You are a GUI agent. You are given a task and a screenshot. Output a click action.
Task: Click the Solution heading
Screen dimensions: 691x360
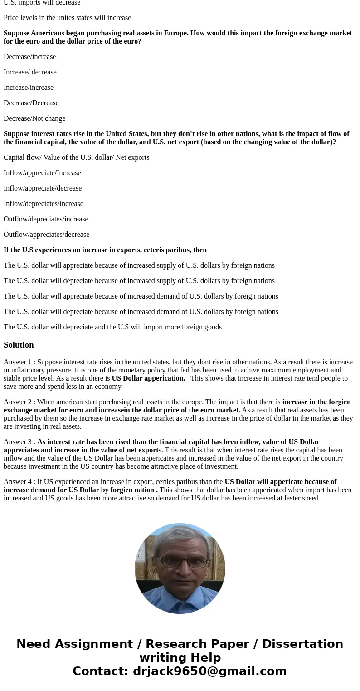click(x=19, y=345)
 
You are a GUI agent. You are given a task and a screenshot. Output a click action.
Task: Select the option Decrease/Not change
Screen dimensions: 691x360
click(x=34, y=118)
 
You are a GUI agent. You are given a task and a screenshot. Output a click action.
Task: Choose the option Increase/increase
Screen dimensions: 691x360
click(x=29, y=88)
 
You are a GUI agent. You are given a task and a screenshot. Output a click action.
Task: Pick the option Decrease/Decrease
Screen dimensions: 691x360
click(x=31, y=103)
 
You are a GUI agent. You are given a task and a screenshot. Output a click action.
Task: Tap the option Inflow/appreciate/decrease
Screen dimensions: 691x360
click(x=43, y=188)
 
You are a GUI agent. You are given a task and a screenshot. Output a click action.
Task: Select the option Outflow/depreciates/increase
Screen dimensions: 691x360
click(x=46, y=219)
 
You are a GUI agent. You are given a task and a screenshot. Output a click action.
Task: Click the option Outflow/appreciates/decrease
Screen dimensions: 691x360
click(x=46, y=235)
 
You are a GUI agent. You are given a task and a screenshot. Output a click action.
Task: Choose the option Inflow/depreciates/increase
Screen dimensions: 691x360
click(x=44, y=204)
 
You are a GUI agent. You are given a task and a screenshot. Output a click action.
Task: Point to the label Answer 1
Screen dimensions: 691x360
click(x=18, y=362)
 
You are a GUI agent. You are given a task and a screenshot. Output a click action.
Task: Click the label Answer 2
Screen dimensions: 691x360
click(x=18, y=402)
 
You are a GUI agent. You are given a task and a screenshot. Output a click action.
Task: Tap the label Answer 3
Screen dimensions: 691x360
click(x=18, y=442)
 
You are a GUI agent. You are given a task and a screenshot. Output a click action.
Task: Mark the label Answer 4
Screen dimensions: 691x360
click(x=18, y=482)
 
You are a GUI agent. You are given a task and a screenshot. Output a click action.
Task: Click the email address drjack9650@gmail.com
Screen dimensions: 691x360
click(x=209, y=671)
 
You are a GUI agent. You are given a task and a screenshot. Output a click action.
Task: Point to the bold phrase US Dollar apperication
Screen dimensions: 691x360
click(x=148, y=378)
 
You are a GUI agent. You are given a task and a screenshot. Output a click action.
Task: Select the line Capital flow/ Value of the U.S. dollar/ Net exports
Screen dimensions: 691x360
click(x=76, y=157)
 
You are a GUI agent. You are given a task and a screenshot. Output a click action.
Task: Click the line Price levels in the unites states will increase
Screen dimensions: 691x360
click(x=67, y=18)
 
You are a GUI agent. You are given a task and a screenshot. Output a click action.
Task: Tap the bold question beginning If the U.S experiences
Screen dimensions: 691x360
click(x=105, y=250)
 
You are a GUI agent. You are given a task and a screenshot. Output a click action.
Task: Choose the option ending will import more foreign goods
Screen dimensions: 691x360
click(x=112, y=327)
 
